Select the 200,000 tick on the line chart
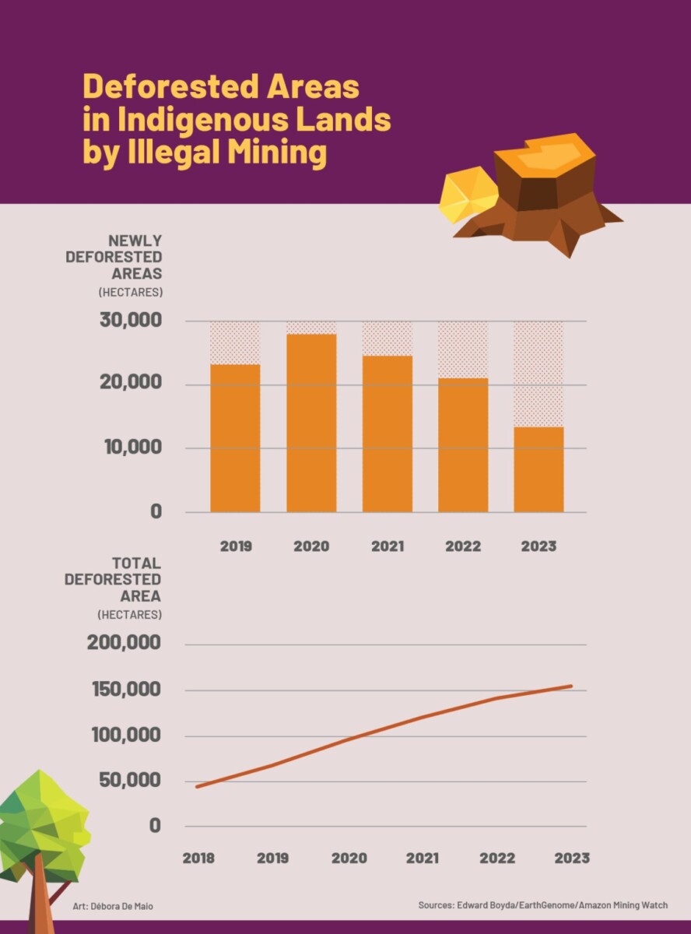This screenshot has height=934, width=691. (x=128, y=644)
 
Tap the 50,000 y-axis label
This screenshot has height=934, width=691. (x=130, y=781)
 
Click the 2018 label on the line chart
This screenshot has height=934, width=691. (x=198, y=859)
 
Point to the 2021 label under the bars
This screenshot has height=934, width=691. (x=387, y=546)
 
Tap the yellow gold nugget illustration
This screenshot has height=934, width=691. (x=467, y=194)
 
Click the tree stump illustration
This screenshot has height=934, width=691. (x=545, y=195)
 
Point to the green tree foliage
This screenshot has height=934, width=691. (x=43, y=817)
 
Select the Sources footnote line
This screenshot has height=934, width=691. (x=543, y=905)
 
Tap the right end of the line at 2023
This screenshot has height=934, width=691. (x=572, y=686)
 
